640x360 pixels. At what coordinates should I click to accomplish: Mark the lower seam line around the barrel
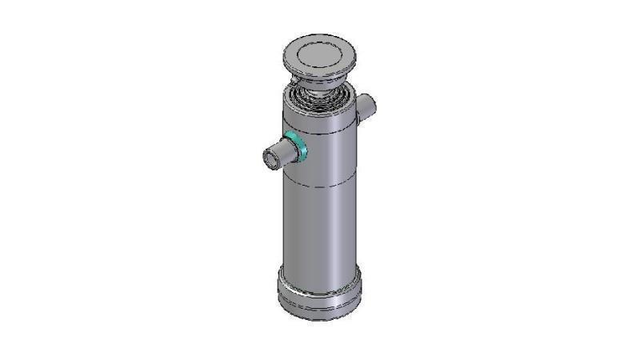pos(320,187)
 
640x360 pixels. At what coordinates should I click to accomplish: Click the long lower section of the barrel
pos(320,232)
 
